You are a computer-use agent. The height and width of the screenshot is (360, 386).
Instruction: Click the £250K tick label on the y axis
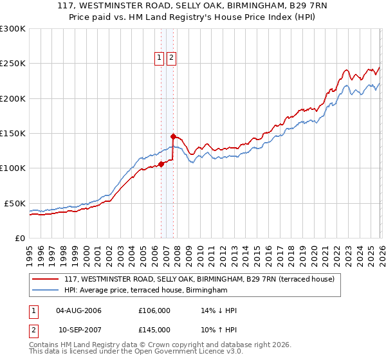coord(13,64)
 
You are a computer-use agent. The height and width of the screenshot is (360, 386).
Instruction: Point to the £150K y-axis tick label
coord(13,134)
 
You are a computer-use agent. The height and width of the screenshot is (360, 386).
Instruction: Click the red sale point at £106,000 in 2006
coord(161,164)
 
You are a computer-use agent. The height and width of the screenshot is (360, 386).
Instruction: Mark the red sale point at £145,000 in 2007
coord(173,136)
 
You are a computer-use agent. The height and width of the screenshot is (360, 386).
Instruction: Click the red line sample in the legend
coord(46,280)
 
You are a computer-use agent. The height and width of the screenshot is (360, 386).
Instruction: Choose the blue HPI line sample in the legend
coord(46,291)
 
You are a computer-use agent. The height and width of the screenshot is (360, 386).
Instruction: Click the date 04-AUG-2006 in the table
coord(79,310)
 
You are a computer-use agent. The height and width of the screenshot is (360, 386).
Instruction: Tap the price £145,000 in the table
coord(154,330)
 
